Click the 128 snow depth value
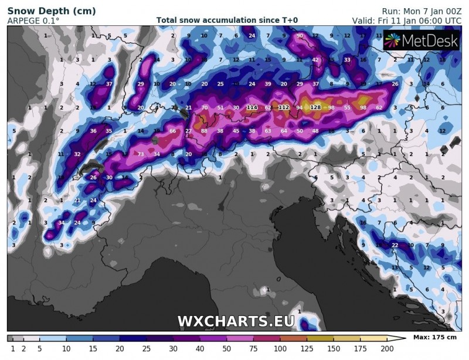point(315,107)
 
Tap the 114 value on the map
point(252,107)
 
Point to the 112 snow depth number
point(284,107)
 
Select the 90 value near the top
point(300,36)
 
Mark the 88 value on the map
point(204,131)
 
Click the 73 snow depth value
point(141,154)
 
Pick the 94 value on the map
point(300,107)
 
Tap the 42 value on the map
point(315,60)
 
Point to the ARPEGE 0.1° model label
point(33,21)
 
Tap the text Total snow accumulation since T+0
point(227,21)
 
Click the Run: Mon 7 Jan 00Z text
point(421,11)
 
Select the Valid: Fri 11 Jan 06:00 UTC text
point(406,21)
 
